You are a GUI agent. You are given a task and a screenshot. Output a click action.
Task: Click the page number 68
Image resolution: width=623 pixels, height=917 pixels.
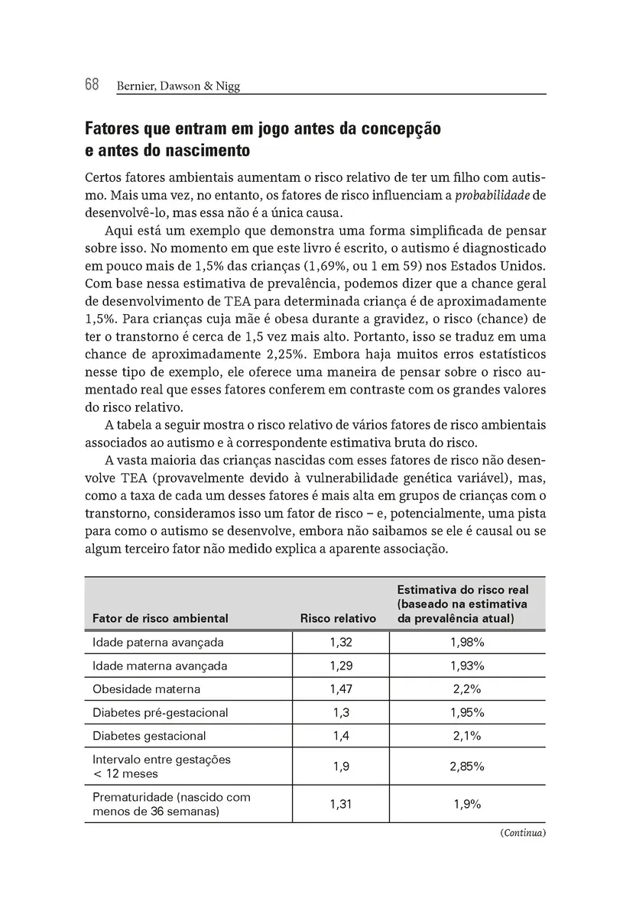(92, 85)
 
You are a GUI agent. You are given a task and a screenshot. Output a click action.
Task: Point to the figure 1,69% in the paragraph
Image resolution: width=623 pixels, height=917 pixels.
(327, 266)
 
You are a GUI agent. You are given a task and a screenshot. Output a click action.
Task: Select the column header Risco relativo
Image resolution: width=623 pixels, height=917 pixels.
(338, 618)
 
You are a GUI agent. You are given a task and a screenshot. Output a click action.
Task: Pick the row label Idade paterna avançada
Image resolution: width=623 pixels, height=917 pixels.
(157, 643)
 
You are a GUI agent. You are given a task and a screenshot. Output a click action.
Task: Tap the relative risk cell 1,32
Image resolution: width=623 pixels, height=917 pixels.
(341, 643)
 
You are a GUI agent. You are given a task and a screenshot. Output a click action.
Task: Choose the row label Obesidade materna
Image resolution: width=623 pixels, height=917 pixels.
(146, 689)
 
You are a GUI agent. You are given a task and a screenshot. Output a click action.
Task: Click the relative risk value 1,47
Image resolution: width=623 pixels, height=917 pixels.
(341, 689)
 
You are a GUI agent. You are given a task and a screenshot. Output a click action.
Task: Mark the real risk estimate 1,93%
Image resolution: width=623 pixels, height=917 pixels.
(467, 666)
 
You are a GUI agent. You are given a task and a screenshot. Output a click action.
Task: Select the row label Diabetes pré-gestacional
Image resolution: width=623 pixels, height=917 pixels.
(160, 713)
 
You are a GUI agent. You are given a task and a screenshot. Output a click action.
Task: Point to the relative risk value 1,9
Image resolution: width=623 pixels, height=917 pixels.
(341, 766)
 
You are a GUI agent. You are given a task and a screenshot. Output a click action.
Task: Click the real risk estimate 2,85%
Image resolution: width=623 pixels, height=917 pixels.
(467, 766)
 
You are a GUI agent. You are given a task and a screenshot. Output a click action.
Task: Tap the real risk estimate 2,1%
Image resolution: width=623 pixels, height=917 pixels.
(467, 736)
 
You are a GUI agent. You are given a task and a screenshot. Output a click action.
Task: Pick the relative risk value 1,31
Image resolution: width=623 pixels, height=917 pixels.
(341, 804)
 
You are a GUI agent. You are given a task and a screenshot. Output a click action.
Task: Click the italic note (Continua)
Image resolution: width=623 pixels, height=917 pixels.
(524, 833)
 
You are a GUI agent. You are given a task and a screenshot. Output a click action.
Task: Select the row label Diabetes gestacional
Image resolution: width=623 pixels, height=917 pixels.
(149, 736)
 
